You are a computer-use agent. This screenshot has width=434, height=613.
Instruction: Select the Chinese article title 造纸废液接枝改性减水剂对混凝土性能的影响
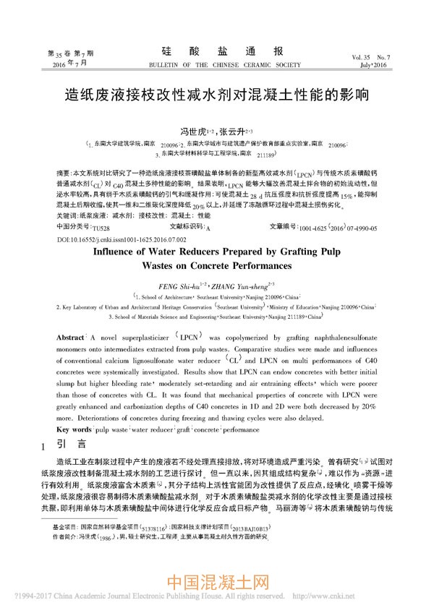(217, 94)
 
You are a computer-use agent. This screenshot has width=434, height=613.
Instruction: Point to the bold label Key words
(74, 429)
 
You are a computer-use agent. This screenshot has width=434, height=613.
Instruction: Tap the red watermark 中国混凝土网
(217, 583)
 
